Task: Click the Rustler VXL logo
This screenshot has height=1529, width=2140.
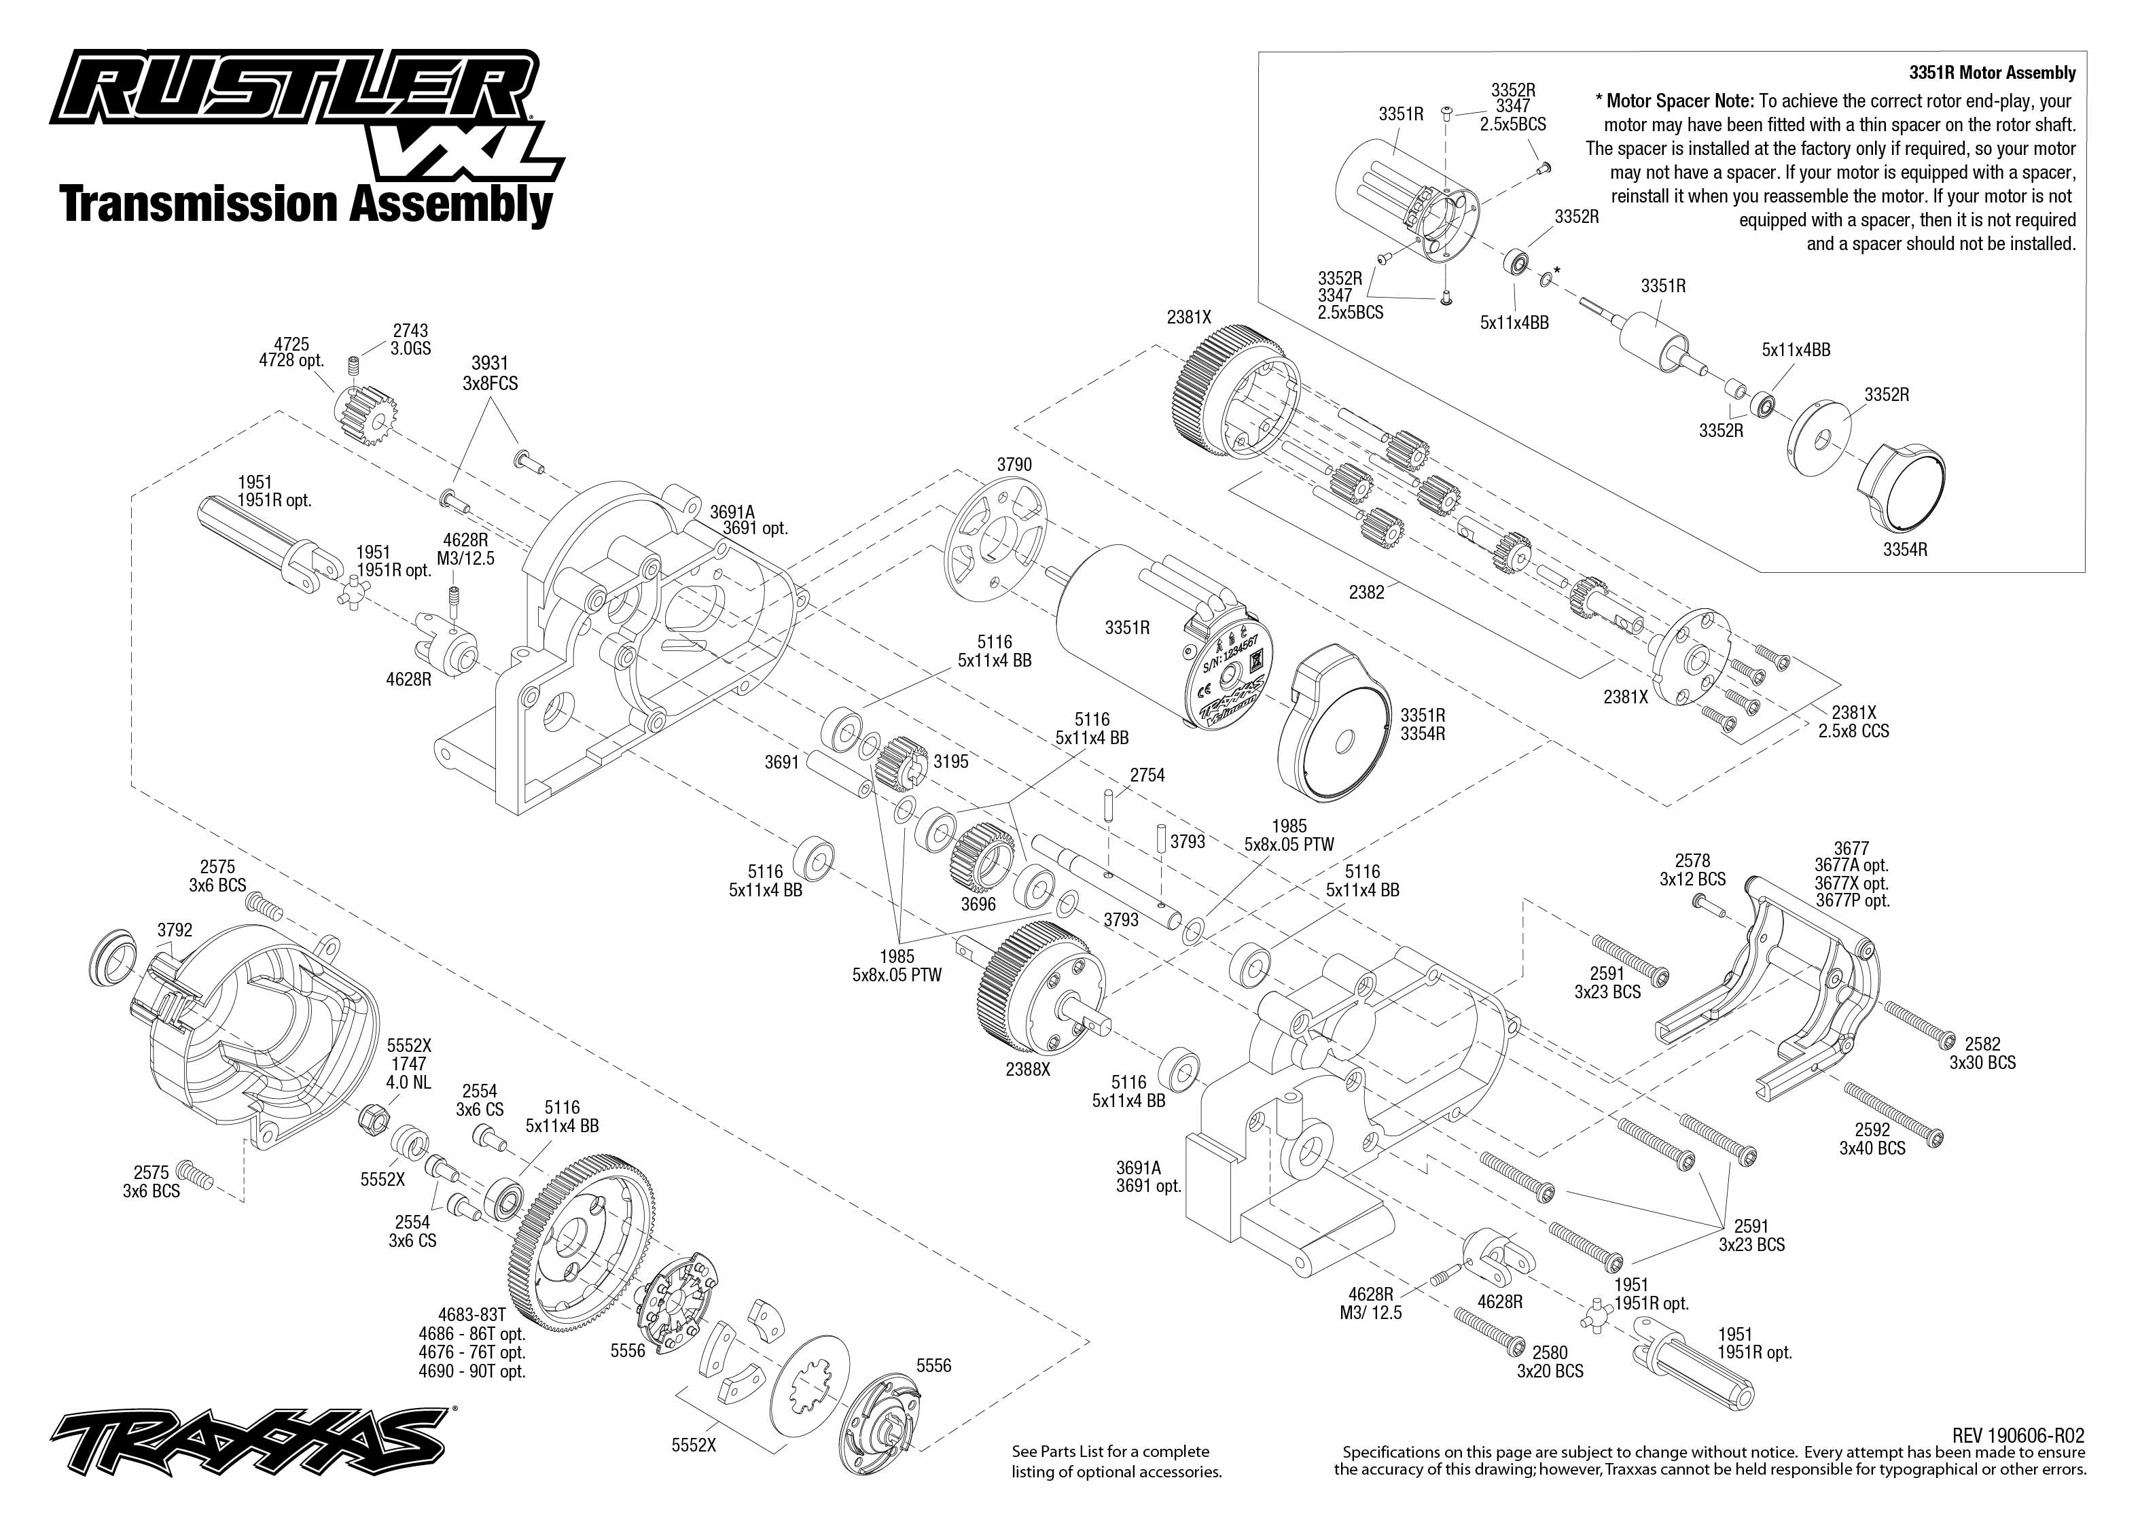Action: (301, 113)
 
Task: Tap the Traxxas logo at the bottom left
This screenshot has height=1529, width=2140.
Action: (249, 1441)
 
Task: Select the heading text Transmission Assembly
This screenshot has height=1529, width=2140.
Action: (306, 205)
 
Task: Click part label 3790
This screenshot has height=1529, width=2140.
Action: (1014, 465)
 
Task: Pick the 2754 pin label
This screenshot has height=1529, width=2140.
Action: (1147, 775)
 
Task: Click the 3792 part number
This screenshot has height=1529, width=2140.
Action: (175, 930)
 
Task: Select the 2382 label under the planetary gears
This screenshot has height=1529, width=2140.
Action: (1366, 592)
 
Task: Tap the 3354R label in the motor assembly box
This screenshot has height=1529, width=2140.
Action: (1905, 550)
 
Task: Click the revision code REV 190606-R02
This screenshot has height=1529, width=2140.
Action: (2018, 1436)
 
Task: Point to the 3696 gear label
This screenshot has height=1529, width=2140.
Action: (978, 904)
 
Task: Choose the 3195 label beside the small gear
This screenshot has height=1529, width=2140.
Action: (950, 762)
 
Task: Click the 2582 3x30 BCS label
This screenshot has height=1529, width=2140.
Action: (1982, 1053)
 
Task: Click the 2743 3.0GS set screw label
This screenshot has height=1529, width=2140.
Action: (410, 339)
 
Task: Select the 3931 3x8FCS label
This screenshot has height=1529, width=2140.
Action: (489, 373)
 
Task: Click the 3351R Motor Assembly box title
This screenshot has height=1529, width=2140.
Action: (1993, 73)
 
